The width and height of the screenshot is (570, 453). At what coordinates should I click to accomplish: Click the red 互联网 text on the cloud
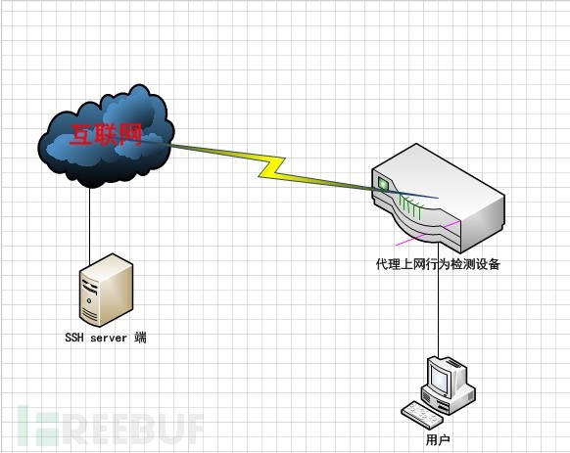coord(106,135)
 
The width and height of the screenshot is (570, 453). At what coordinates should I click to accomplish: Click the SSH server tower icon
coord(106,290)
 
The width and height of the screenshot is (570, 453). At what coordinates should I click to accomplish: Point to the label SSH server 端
coord(106,338)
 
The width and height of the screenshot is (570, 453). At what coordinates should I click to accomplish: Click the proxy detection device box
coord(438,198)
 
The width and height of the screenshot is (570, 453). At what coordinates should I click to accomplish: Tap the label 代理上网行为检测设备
coord(438,264)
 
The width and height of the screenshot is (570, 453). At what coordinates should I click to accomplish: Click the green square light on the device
coord(383,183)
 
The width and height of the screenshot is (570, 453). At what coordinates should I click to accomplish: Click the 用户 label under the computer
coord(438,440)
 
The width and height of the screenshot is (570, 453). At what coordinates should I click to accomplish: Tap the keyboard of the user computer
coord(422,414)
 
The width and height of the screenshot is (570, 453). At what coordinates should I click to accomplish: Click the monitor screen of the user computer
coord(439,379)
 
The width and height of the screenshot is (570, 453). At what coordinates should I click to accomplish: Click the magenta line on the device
coord(428,233)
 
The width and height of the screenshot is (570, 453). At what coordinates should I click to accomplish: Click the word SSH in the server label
coord(74,338)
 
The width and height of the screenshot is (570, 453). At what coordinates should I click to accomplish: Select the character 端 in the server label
coord(140,338)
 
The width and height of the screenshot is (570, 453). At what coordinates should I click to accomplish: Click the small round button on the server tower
coord(89,300)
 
